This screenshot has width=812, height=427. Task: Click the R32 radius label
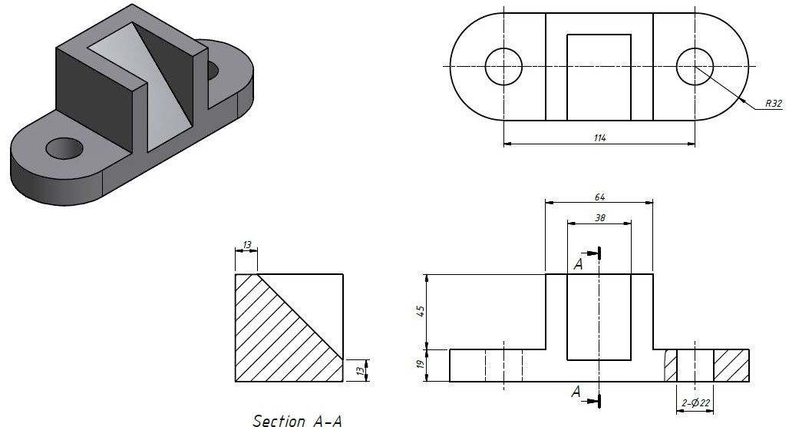click(773, 103)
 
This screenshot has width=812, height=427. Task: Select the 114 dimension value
click(599, 137)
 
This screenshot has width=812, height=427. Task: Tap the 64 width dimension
click(599, 197)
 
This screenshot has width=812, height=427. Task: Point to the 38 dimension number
click(599, 217)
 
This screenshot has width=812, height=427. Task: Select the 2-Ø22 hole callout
click(695, 403)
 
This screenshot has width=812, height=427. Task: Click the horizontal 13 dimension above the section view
click(246, 245)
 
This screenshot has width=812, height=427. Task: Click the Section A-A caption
click(297, 420)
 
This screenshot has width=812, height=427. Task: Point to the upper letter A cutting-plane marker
click(577, 264)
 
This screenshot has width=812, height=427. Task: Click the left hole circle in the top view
click(504, 66)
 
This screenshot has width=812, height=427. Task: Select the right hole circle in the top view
click(695, 66)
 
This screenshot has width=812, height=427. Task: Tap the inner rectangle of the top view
click(599, 77)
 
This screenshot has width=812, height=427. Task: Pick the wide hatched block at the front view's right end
click(731, 366)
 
